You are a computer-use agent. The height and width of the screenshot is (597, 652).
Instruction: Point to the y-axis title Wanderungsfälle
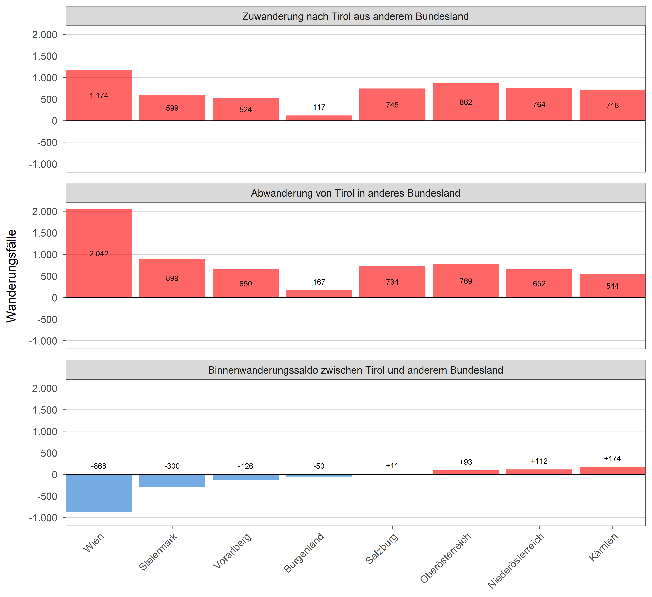point(12,276)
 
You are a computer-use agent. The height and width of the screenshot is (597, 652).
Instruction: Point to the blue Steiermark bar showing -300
point(172,481)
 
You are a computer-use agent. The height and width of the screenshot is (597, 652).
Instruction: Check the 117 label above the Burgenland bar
point(319,107)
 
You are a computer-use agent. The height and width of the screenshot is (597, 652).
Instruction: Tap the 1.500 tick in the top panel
point(45,56)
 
